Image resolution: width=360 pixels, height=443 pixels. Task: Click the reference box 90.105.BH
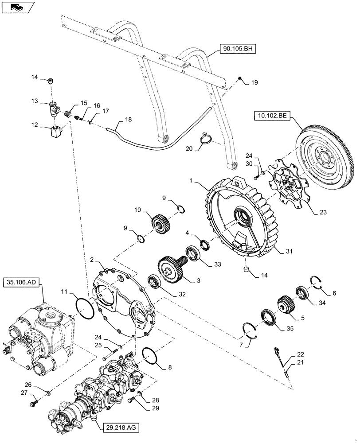click(235, 49)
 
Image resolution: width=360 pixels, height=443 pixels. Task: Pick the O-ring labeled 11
click(84, 307)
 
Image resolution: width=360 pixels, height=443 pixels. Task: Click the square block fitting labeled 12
click(55, 132)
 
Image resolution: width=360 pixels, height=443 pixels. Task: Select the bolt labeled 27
click(35, 404)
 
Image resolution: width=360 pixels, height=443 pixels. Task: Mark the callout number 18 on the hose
click(129, 120)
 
